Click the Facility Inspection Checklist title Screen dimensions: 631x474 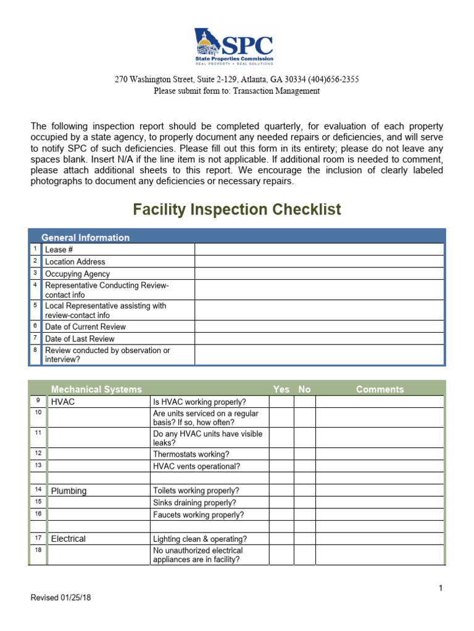pos(237,210)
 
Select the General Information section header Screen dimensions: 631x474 pos(85,237)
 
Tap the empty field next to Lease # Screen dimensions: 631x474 pos(319,250)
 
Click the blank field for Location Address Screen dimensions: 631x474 pos(319,261)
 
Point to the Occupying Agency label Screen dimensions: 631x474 pos(78,274)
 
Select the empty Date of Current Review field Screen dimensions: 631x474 pos(319,327)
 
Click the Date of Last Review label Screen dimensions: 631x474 pos(80,338)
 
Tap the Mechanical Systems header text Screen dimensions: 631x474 pos(96,389)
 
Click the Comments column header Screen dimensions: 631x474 pos(380,389)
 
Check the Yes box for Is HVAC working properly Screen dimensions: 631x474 pos(281,402)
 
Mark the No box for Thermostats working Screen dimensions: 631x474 pos(305,454)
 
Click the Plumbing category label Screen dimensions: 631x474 pos(69,491)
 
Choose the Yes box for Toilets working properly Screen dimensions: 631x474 pos(281,491)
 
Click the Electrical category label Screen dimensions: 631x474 pos(69,539)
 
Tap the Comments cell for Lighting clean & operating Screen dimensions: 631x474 pos(380,539)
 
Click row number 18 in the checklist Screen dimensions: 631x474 pos(38,550)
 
